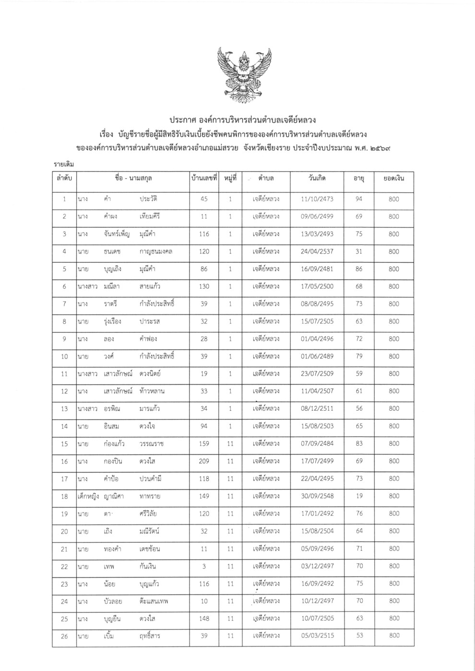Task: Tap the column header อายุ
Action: click(358, 178)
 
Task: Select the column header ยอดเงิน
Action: click(394, 178)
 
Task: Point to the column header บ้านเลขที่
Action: click(204, 178)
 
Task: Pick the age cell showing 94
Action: click(358, 199)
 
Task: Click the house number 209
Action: click(204, 461)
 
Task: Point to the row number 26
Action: click(64, 636)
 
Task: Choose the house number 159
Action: click(204, 444)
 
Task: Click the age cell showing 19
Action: click(358, 496)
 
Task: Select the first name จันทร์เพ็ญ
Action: click(117, 234)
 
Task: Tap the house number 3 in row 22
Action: click(204, 566)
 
